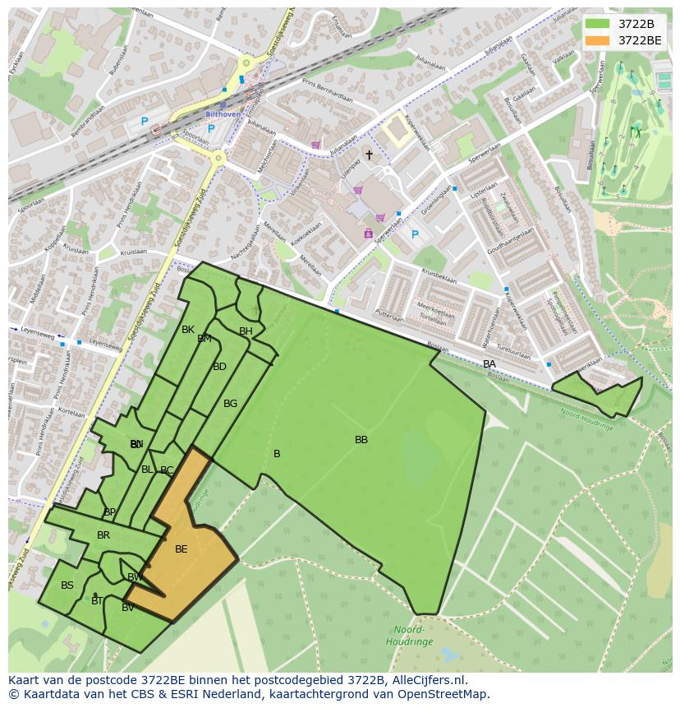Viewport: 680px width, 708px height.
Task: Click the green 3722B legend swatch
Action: pos(597,24)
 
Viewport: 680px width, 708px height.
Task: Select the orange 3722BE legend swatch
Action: pos(597,40)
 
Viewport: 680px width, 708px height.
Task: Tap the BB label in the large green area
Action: pos(361,440)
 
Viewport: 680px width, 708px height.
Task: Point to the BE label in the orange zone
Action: pos(181,549)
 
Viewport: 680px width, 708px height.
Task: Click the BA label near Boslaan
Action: pos(489,364)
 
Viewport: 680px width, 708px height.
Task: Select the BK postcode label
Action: pos(188,330)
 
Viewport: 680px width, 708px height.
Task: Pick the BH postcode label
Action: pos(246,331)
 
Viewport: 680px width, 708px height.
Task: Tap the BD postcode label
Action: pos(219,367)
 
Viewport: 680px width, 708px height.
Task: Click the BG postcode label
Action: pos(230,404)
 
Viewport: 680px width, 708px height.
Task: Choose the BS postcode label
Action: pos(67,585)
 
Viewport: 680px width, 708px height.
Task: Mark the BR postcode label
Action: pos(103,535)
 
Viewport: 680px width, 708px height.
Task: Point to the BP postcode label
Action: pos(110,512)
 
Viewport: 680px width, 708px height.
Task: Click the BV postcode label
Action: pos(128,608)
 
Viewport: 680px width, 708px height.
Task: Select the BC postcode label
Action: pos(167,471)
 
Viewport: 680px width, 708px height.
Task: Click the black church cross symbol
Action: pos(369,155)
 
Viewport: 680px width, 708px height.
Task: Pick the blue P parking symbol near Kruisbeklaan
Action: pos(415,235)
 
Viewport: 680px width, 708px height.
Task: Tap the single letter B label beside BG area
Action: pos(277,454)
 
